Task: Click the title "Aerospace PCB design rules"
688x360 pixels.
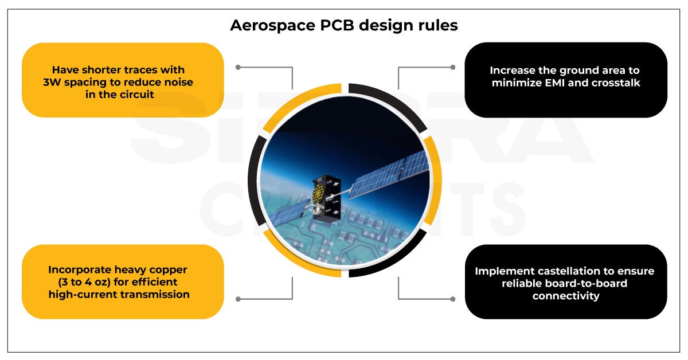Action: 343,26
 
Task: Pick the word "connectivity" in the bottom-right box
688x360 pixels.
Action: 565,296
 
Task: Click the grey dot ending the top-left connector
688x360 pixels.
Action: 239,67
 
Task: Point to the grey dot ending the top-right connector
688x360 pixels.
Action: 452,67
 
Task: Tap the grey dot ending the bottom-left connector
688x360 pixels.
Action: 239,299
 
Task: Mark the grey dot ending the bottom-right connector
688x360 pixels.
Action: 452,299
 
